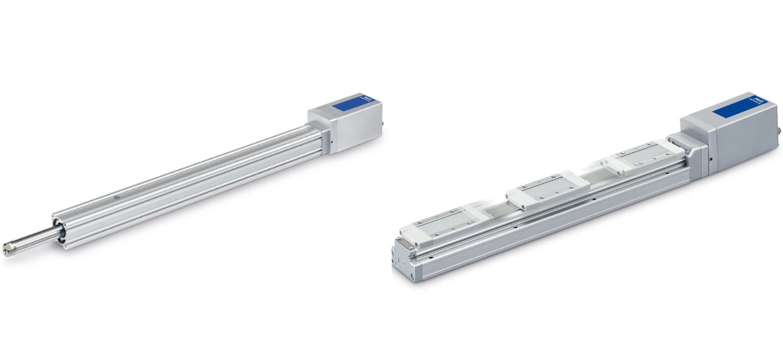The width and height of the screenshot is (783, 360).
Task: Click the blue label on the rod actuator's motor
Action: (352, 104)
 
